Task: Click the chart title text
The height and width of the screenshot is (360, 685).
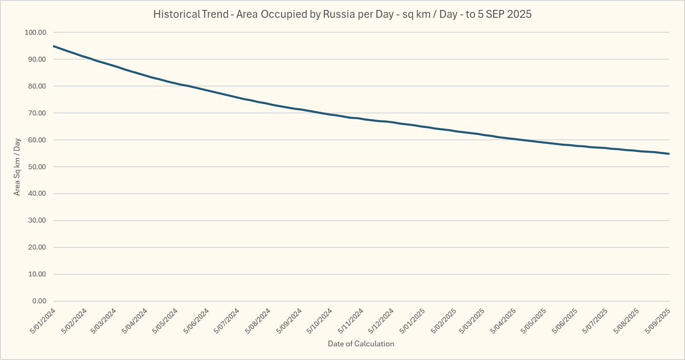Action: coord(342,14)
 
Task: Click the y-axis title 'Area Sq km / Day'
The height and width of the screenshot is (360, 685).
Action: coord(17,167)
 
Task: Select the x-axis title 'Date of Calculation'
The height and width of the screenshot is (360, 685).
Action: coord(361,344)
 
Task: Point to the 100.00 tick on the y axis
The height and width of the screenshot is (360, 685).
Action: coord(36,32)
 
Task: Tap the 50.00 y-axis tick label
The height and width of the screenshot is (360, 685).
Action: coord(36,167)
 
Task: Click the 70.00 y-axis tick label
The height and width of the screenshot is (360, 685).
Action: coord(36,113)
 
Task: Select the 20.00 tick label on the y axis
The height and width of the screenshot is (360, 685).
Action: coord(36,247)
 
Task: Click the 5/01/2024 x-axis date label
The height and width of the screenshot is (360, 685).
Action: coord(43,321)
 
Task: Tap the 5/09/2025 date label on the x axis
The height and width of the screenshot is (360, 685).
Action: coord(658,321)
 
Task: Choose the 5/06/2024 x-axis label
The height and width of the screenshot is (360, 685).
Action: coord(197,321)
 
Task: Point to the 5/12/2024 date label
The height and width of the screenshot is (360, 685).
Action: coord(381,321)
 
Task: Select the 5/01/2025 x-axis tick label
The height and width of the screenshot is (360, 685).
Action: coord(412,321)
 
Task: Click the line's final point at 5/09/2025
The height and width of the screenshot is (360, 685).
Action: coord(669,154)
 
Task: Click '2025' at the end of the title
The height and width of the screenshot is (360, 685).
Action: coord(519,14)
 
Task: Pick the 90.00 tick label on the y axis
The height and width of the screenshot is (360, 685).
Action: coord(36,59)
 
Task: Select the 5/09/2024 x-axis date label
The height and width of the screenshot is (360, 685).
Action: coord(289,321)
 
